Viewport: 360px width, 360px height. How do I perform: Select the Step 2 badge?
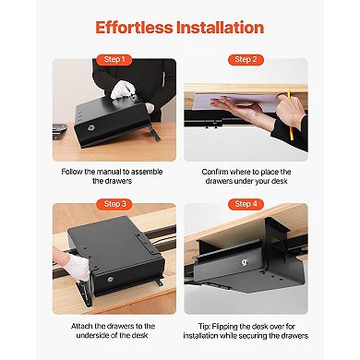pos(244,59)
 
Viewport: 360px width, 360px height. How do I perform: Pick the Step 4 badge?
pos(244,203)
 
